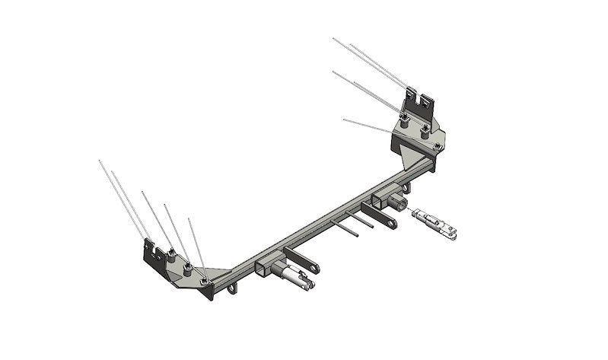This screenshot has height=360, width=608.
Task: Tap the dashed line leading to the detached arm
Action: click(410, 211)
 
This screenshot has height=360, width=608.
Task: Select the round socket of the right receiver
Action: click(397, 202)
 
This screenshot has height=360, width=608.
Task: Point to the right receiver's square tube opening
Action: click(378, 202)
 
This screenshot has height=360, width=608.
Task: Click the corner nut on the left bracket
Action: click(205, 282)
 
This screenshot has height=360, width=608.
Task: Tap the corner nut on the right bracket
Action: click(435, 145)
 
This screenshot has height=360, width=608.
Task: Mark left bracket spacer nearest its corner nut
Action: click(187, 268)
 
